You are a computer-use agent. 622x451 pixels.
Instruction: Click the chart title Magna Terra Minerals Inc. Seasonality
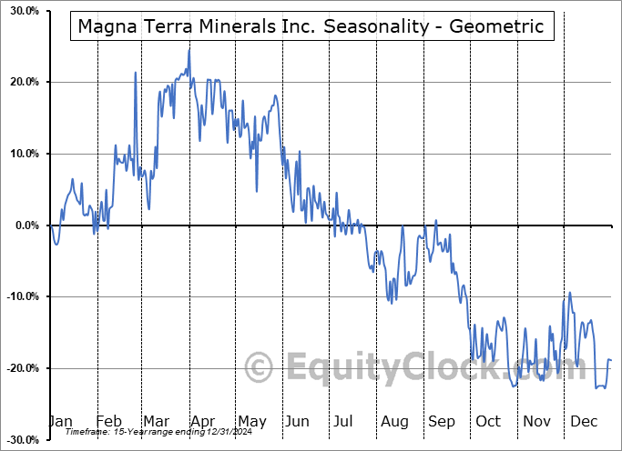(x=311, y=26)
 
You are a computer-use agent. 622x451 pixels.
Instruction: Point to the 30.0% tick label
(x=21, y=11)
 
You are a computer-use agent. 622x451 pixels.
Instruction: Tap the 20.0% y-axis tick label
(x=21, y=82)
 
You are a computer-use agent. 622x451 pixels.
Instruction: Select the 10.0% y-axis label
(x=21, y=154)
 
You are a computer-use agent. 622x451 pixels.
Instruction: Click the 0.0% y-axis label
(x=24, y=225)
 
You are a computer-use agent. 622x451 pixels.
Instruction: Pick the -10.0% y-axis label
(x=19, y=296)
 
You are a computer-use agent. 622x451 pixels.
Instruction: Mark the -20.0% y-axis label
(x=19, y=368)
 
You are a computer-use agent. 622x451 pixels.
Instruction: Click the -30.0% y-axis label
(x=19, y=440)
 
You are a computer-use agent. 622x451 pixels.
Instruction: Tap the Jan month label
(x=60, y=422)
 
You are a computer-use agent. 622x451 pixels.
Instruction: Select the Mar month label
(x=156, y=422)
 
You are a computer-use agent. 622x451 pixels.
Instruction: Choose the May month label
(x=251, y=422)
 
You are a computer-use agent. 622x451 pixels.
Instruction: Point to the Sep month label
(x=442, y=422)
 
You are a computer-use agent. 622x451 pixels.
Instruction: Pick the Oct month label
(x=488, y=422)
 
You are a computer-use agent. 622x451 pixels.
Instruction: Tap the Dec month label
(x=583, y=422)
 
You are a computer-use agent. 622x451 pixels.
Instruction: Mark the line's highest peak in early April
(x=189, y=49)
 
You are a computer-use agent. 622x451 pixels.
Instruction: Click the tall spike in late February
(x=135, y=72)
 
